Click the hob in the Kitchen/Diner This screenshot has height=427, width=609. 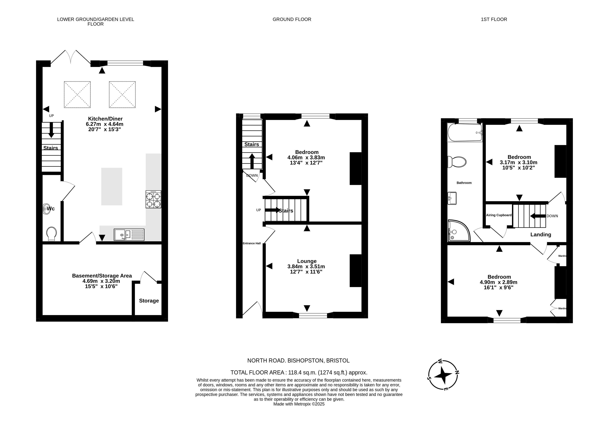(x=153, y=199)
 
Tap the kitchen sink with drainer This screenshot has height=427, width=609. (x=129, y=235)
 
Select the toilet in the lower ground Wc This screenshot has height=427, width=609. (x=51, y=234)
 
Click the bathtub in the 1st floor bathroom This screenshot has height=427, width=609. (x=465, y=132)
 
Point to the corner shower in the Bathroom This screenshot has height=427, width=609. (x=459, y=231)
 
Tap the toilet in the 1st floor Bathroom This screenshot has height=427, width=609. (x=457, y=162)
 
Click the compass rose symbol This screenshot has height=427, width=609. (x=443, y=375)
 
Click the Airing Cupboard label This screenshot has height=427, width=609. (x=499, y=215)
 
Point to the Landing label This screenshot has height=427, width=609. (x=541, y=234)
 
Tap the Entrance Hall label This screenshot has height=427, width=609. (x=252, y=243)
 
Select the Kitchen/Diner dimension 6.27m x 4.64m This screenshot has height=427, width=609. (x=104, y=124)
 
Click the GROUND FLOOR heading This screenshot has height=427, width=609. (x=292, y=19)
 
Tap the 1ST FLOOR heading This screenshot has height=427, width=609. (x=494, y=19)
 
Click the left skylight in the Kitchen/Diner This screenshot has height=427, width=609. (x=77, y=94)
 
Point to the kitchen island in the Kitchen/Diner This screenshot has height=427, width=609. (x=112, y=186)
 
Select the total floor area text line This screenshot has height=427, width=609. (x=299, y=372)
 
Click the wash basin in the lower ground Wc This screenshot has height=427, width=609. (x=47, y=209)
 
